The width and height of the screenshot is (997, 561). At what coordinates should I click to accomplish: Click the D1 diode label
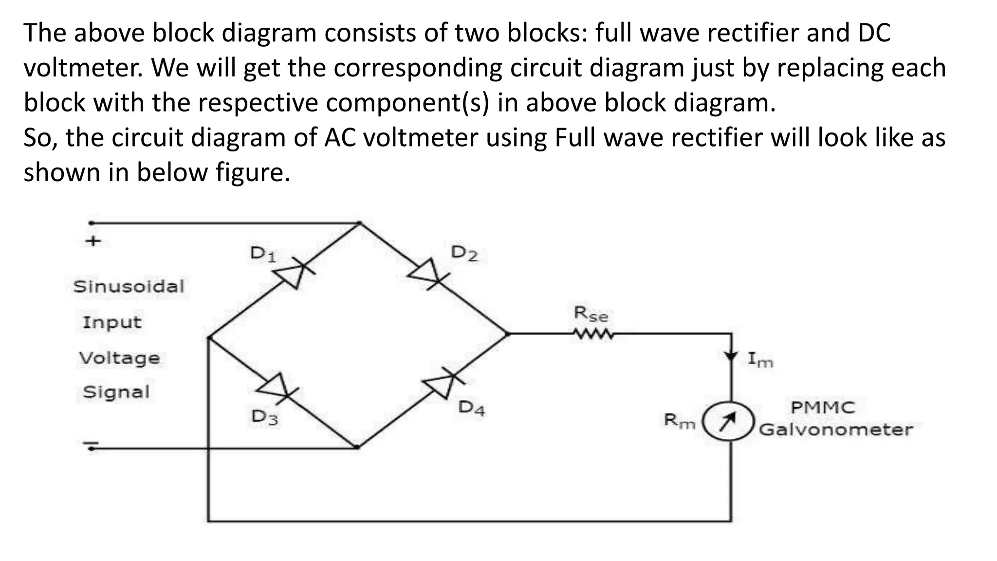[263, 254]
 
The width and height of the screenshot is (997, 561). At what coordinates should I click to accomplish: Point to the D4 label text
[472, 408]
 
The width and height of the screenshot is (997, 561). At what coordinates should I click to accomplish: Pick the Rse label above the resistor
[591, 314]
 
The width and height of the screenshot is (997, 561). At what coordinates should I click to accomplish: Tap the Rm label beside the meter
[680, 421]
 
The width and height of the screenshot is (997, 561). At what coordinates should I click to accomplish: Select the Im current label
[760, 360]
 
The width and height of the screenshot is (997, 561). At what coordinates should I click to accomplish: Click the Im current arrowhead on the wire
[731, 356]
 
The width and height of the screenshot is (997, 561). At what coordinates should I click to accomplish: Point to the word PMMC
[822, 407]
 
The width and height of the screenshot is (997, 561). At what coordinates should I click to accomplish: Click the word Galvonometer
[836, 430]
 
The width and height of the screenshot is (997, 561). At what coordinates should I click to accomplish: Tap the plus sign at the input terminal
[93, 241]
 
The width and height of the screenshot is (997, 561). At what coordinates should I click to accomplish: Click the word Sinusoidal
[129, 286]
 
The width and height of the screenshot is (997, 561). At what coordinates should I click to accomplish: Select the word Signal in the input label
[116, 392]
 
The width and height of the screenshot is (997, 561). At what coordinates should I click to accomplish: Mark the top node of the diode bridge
[359, 224]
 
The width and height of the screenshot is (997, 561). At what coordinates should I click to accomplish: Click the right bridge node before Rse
[507, 334]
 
